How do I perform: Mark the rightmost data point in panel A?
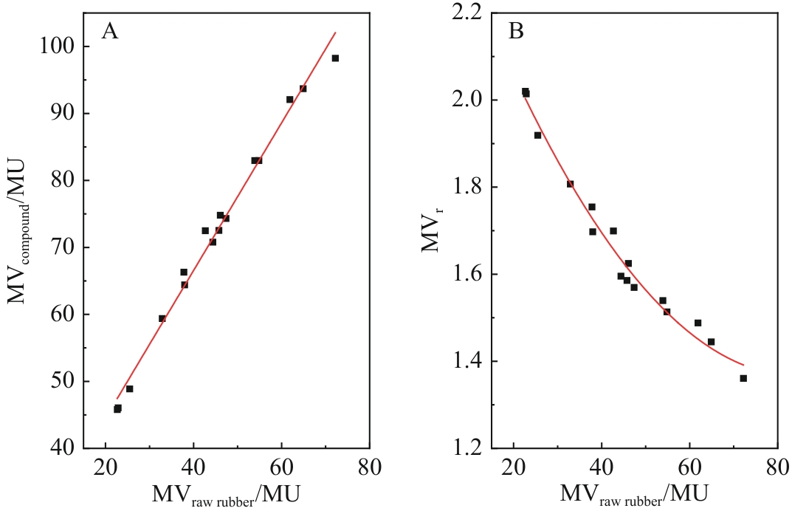coord(335,58)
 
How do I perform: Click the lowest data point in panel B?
coord(743,378)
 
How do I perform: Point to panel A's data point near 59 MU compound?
coord(162,318)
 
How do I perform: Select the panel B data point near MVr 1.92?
coord(537,135)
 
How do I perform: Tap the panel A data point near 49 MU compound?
coord(129,388)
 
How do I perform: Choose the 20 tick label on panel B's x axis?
coord(513,467)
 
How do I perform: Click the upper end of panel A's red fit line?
coord(336,32)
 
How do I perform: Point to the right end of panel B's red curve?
coord(743,364)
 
